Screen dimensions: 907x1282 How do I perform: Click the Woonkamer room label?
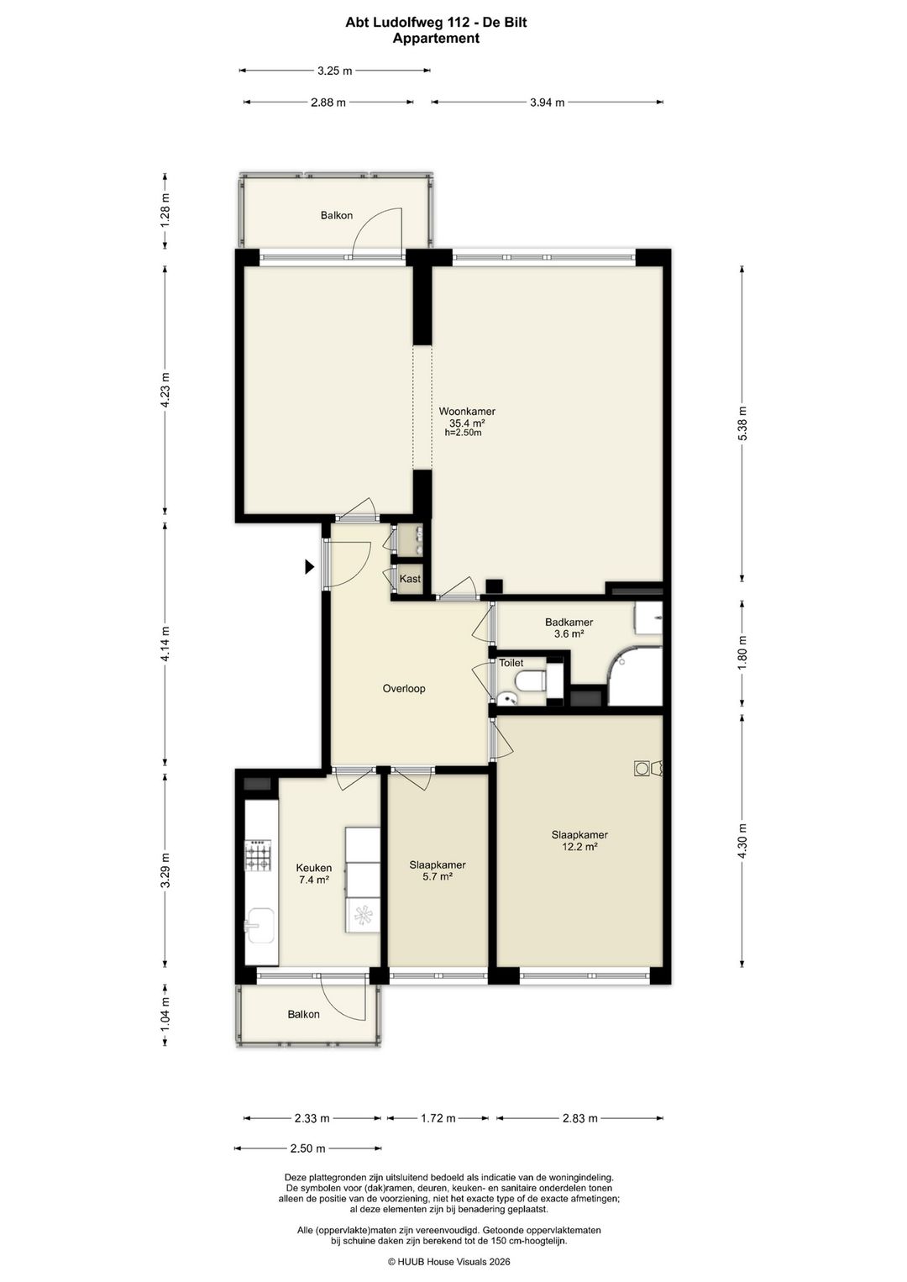(x=467, y=411)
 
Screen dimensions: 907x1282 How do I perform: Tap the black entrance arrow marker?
(x=309, y=566)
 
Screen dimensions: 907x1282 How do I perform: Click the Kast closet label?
(x=410, y=579)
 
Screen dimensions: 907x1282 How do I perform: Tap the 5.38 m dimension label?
(x=742, y=423)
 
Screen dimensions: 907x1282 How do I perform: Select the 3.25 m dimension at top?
(x=335, y=71)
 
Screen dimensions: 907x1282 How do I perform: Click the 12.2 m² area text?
(x=579, y=847)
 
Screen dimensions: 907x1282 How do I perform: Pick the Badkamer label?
(x=569, y=622)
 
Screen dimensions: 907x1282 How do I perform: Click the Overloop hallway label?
(x=404, y=689)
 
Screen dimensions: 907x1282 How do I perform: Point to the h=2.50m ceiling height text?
(x=463, y=433)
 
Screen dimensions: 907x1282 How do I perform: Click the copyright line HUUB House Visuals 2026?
(x=448, y=1261)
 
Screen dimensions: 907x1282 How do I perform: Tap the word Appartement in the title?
(x=436, y=39)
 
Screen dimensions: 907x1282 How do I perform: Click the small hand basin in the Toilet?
(x=506, y=697)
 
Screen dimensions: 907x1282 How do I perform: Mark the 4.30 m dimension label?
(x=742, y=841)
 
